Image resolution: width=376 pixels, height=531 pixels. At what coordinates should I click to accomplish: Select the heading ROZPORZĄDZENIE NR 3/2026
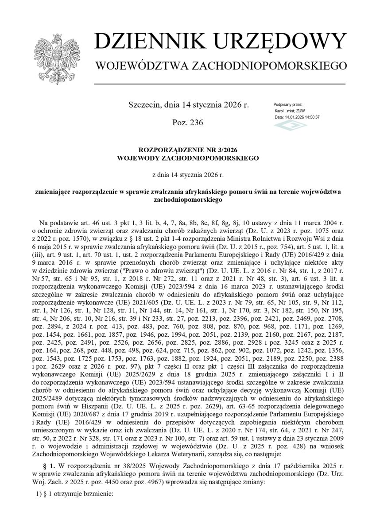point(188,150)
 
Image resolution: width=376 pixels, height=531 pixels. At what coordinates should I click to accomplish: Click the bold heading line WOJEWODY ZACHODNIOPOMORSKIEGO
point(188,158)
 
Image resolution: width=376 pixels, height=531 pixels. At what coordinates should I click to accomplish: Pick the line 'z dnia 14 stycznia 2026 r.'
point(188,175)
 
